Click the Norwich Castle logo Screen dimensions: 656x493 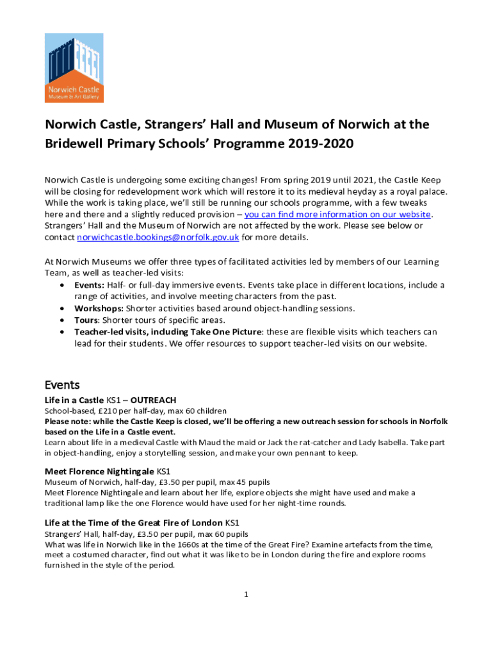coord(74,68)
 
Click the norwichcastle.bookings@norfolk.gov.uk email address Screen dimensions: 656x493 coord(158,237)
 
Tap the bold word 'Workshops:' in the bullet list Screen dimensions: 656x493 coord(97,308)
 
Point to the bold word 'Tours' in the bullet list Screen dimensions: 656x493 coord(86,320)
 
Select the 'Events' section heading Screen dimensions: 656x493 coord(61,385)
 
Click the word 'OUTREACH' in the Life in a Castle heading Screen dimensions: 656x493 coord(153,400)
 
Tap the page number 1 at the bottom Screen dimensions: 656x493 coord(246,594)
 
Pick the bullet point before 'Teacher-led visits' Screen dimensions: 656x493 coord(61,332)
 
